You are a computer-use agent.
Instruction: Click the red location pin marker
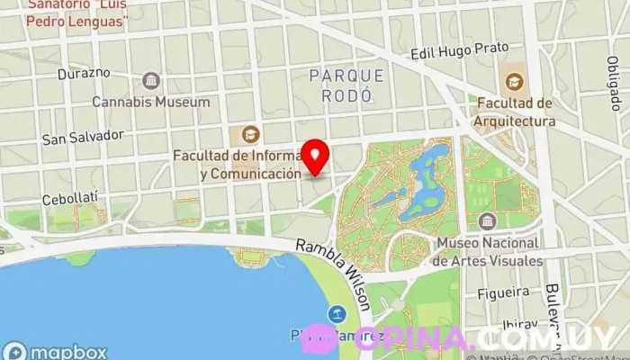click(x=315, y=157)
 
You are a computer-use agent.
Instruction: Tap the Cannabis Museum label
click(x=150, y=102)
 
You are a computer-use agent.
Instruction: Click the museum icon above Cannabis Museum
click(x=150, y=81)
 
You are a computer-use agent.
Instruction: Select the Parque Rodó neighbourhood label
click(x=346, y=84)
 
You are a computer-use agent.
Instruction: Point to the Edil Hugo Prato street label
click(x=459, y=50)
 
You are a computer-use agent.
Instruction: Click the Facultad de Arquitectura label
click(x=514, y=112)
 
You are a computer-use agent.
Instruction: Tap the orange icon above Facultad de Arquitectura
click(x=513, y=81)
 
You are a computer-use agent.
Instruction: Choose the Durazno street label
click(x=84, y=73)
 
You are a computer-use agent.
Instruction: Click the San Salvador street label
click(x=83, y=136)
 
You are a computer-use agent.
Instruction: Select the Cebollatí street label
click(x=69, y=197)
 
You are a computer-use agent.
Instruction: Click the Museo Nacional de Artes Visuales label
click(x=487, y=252)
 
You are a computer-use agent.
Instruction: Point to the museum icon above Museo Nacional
click(x=487, y=221)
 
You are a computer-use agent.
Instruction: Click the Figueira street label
click(x=502, y=292)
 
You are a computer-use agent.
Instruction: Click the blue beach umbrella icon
click(x=337, y=314)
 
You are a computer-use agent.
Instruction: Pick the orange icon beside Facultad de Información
click(x=244, y=135)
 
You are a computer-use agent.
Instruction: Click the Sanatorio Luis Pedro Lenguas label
click(x=76, y=13)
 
